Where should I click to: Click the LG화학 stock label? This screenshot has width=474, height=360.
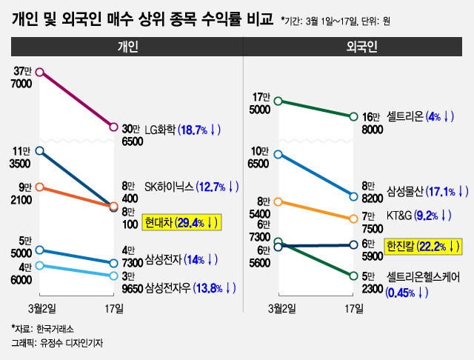tap(161, 129)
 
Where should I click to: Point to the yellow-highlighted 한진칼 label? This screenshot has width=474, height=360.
tap(401, 245)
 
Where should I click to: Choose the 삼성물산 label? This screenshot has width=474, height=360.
tap(406, 191)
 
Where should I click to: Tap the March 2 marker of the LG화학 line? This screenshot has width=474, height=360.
tap(40, 72)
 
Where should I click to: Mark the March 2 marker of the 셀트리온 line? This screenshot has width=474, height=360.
tap(278, 101)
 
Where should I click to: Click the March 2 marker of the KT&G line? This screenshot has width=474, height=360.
tap(278, 201)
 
